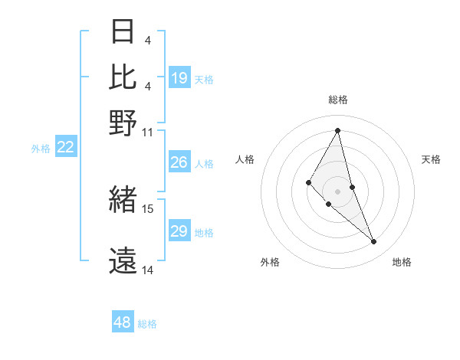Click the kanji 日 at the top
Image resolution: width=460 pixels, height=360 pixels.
(123, 32)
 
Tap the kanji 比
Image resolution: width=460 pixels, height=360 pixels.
(123, 77)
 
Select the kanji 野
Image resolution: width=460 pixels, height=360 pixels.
(123, 123)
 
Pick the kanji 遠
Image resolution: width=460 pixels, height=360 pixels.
(123, 261)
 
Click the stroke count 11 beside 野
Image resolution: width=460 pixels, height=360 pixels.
(148, 132)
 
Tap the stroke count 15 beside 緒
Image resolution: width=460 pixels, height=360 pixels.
(148, 208)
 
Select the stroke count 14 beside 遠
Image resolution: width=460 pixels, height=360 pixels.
(148, 270)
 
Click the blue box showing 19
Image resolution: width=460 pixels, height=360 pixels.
(179, 78)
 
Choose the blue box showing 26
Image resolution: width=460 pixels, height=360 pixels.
(179, 162)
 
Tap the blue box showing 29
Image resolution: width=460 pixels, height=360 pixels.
(179, 231)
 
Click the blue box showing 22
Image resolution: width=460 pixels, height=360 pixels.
(65, 147)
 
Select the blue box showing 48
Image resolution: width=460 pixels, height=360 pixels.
(123, 322)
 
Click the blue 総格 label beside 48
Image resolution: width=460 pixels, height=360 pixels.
(147, 324)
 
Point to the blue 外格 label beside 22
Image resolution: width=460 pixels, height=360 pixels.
(40, 149)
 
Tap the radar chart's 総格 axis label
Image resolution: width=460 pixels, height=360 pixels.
(338, 100)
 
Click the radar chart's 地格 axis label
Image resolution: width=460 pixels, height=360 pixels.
(402, 262)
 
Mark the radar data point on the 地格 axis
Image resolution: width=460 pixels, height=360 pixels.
(374, 242)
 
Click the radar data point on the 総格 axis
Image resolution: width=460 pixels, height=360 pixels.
(338, 130)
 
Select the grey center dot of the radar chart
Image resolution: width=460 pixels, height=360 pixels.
(338, 191)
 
